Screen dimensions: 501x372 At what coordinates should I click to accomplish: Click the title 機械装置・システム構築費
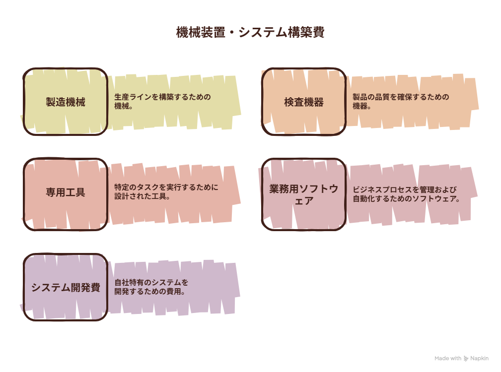(x=250, y=32)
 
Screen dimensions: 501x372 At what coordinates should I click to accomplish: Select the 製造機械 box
(x=66, y=102)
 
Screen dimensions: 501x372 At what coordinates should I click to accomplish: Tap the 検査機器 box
(x=303, y=102)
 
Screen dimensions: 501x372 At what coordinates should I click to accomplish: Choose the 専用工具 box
(x=66, y=194)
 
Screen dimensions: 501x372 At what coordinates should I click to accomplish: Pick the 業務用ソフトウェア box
(x=303, y=194)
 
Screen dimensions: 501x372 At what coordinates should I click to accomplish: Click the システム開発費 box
(x=66, y=287)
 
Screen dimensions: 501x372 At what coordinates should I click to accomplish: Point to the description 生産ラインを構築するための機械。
(x=163, y=102)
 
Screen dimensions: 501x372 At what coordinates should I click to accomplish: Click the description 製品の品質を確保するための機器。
(x=401, y=102)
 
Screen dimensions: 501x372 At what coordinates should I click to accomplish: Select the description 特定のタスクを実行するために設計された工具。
(x=166, y=192)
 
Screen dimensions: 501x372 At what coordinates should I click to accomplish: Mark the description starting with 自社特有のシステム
(x=151, y=287)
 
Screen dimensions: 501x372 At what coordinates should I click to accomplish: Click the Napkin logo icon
(x=466, y=359)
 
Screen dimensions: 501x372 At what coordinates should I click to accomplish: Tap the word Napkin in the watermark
(x=479, y=358)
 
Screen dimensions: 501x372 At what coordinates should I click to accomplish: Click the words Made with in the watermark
(x=448, y=358)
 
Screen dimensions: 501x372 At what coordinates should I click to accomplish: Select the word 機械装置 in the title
(x=201, y=32)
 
